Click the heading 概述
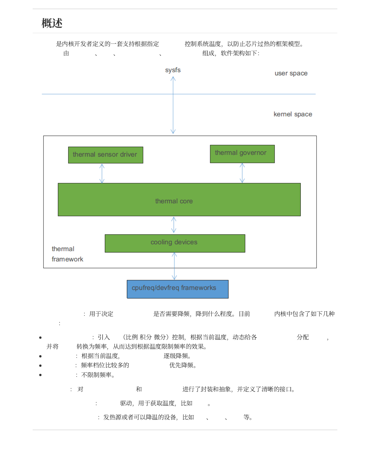tap(52, 23)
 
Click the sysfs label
tap(173, 70)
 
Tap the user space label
tap(291, 73)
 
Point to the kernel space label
tap(293, 114)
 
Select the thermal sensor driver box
tap(105, 155)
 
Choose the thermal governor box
tap(242, 154)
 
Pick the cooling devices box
tap(175, 243)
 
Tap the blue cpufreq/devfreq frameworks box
tap(178, 289)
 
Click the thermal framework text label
tap(67, 254)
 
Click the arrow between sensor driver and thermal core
tap(102, 173)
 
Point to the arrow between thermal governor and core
tap(242, 173)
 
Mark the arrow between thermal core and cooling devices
tap(174, 225)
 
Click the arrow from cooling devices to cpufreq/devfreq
tap(174, 266)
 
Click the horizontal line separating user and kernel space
tap(93, 94)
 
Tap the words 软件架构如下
tap(239, 53)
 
